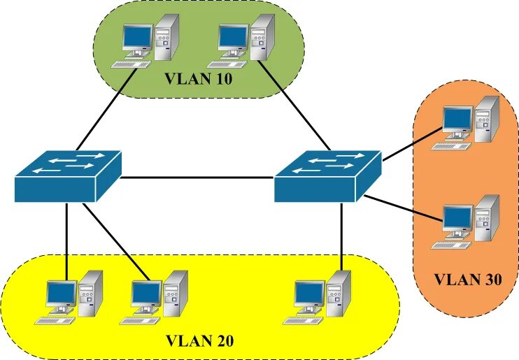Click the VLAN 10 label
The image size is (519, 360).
coord(198,78)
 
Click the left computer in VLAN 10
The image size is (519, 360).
coord(149,40)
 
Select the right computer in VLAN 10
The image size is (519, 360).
coord(245,40)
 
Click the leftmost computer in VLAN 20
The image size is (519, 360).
coord(72,296)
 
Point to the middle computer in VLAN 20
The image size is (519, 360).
coord(158,296)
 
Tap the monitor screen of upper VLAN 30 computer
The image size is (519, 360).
coord(457,119)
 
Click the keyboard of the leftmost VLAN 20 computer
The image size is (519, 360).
coord(55,320)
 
